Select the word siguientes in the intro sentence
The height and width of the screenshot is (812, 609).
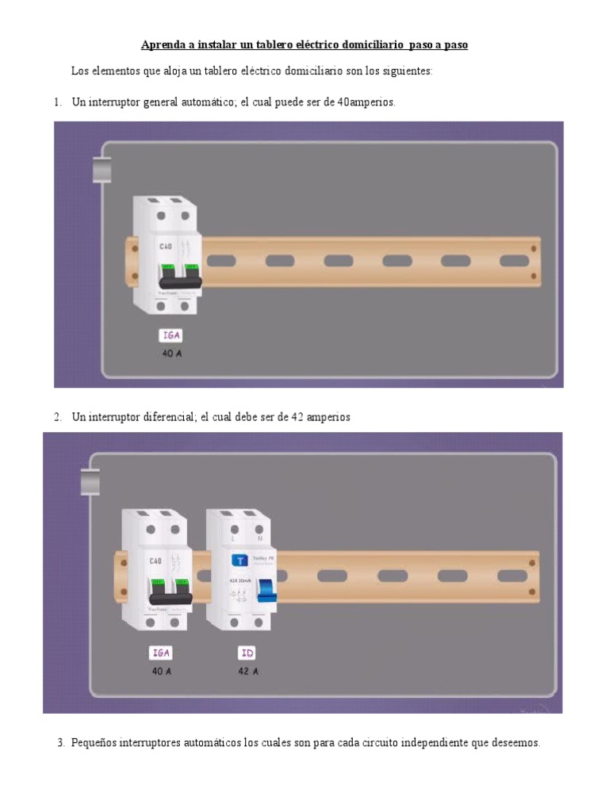pos(406,71)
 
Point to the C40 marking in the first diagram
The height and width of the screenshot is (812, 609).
pos(166,247)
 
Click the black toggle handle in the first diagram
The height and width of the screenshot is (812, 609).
pos(180,279)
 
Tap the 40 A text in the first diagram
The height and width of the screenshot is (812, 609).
pos(173,353)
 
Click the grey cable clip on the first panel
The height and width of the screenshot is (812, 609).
pos(102,169)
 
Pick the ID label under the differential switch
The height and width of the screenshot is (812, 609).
pos(247,654)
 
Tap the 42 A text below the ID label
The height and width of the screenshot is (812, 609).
pos(247,671)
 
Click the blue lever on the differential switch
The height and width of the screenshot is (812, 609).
pos(268,591)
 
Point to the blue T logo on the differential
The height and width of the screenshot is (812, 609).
pos(238,560)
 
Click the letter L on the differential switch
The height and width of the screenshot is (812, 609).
pos(233,538)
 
